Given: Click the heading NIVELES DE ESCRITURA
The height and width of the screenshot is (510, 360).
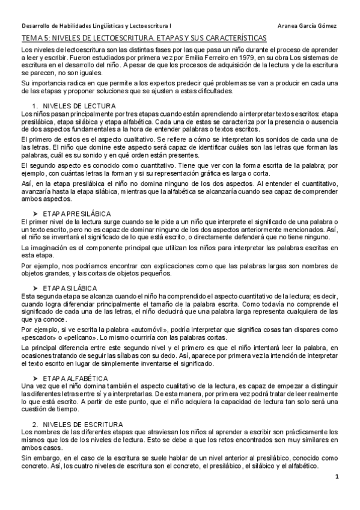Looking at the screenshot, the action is [84, 424].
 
